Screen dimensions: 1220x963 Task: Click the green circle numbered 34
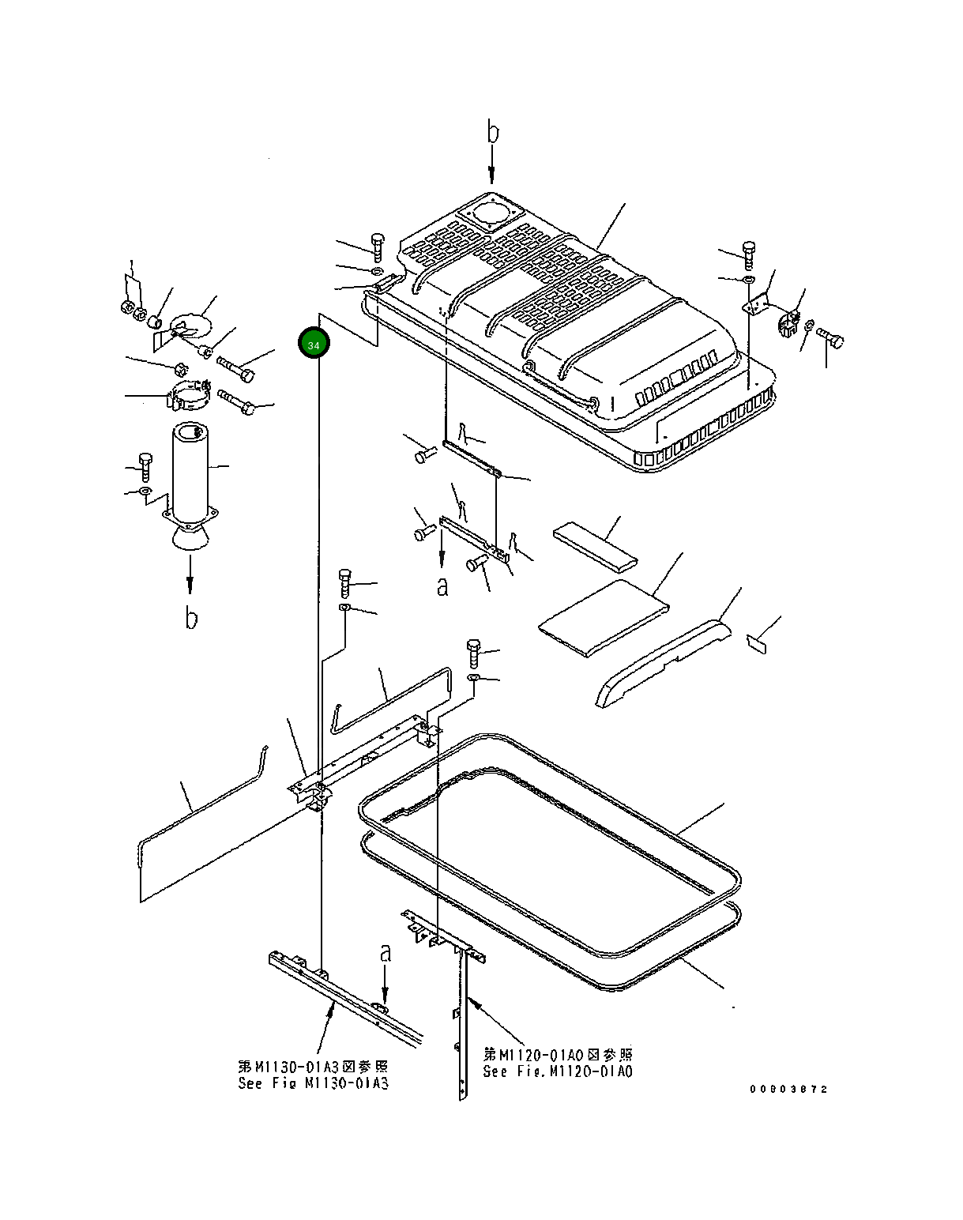(314, 345)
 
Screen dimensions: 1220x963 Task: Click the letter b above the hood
(493, 131)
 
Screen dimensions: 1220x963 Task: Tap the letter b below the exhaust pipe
(191, 618)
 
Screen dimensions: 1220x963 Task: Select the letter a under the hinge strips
(442, 586)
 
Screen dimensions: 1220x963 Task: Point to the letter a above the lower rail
(386, 953)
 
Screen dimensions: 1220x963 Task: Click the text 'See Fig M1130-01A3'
(313, 1083)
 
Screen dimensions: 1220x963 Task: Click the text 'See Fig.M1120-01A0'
(558, 1071)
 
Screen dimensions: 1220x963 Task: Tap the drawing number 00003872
(788, 1089)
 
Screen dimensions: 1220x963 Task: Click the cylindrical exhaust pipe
(191, 470)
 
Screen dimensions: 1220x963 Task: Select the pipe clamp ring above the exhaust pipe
(190, 395)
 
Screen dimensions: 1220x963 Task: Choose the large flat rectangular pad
(604, 616)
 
